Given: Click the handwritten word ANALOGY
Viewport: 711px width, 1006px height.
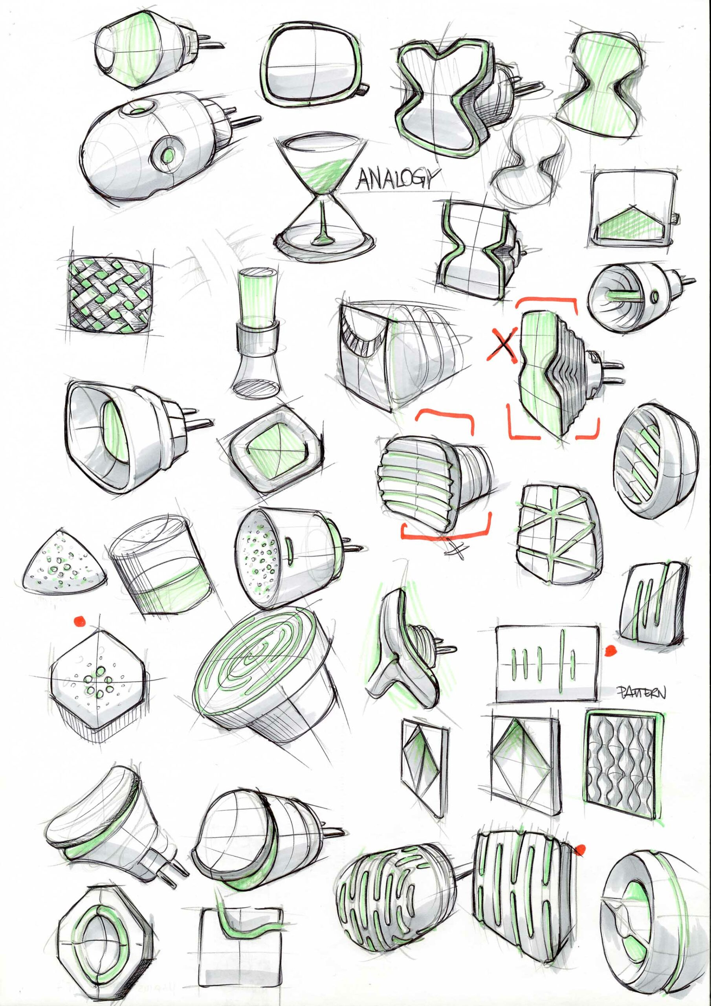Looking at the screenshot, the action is pyautogui.click(x=398, y=178).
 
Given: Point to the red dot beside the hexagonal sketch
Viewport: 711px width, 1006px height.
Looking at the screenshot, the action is pyautogui.click(x=79, y=621).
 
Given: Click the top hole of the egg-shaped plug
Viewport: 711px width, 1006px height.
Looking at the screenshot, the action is pyautogui.click(x=140, y=108).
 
